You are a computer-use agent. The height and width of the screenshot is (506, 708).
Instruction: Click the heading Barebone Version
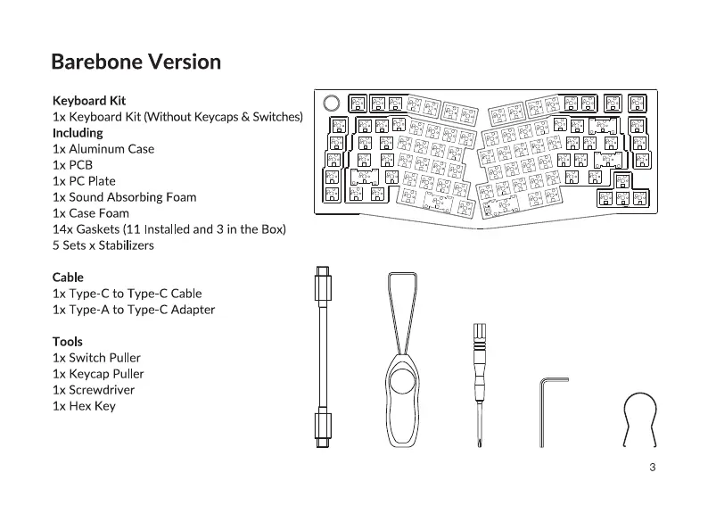point(136,62)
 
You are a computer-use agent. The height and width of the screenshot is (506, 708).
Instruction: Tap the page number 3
point(653,468)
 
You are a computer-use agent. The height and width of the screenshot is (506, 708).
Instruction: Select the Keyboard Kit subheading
point(89,101)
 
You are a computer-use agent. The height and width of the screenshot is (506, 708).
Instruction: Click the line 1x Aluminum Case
point(103,149)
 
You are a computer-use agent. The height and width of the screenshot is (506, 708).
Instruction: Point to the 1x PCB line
point(72,165)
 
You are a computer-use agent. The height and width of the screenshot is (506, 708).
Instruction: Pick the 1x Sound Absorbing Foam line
point(125,197)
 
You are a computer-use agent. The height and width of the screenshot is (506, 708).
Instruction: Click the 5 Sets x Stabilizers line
point(103,245)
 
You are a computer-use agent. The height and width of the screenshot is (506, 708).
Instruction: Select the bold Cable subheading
point(68,278)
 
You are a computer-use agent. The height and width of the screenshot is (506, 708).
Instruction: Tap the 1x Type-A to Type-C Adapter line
point(134,310)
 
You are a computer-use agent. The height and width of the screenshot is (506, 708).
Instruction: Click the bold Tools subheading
point(68,342)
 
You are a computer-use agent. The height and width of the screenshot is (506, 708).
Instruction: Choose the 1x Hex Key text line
point(84,406)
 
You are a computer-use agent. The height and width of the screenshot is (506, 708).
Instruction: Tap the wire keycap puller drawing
point(639,419)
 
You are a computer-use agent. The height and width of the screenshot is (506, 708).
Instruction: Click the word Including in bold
point(78,133)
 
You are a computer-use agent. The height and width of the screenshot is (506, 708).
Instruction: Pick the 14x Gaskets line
point(169,229)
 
